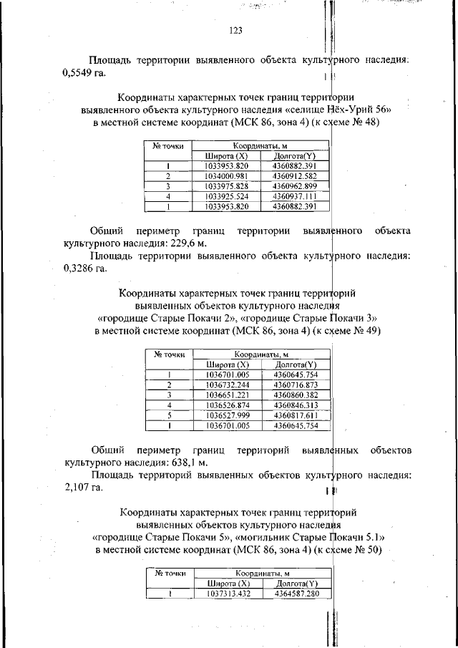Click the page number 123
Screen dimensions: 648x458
(x=236, y=30)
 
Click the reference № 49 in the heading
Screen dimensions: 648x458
(x=366, y=331)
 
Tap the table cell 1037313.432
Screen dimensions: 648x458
(x=228, y=594)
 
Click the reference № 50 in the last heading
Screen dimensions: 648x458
(x=367, y=550)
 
